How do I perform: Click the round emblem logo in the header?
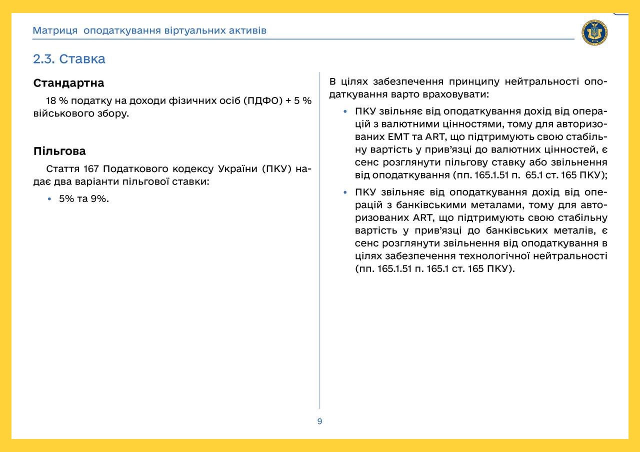(594, 33)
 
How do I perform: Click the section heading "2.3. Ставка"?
(69, 59)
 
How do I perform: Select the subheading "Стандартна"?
(68, 83)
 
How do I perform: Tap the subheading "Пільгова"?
(59, 151)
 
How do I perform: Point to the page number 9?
(320, 421)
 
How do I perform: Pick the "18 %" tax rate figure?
(56, 100)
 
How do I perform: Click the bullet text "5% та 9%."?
(84, 198)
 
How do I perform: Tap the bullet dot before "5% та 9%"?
(49, 199)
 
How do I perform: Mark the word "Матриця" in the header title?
(55, 30)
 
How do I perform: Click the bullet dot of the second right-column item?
(345, 192)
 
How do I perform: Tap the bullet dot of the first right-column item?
(345, 111)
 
